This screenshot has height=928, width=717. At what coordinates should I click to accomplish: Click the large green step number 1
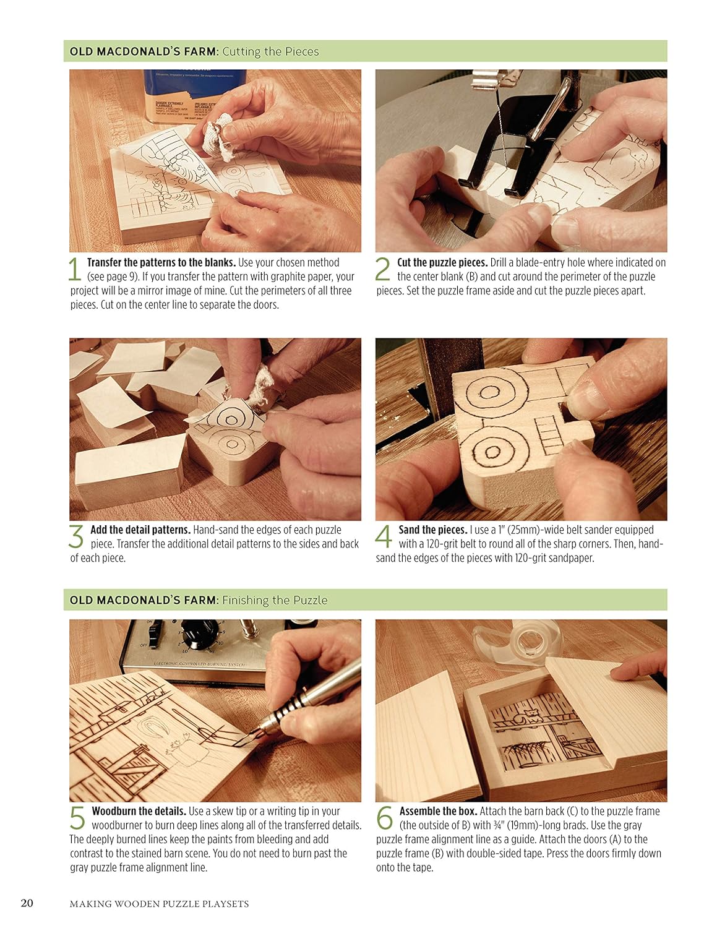click(x=75, y=270)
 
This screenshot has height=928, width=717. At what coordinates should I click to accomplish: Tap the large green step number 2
click(x=383, y=270)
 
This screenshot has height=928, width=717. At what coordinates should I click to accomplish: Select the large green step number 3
click(x=75, y=536)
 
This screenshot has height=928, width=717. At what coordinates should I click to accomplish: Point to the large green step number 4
click(x=384, y=536)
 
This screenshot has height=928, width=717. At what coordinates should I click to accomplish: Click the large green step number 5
click(x=77, y=818)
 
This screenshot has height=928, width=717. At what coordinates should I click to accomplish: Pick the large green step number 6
click(x=384, y=818)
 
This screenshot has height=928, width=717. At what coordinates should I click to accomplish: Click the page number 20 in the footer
click(x=27, y=903)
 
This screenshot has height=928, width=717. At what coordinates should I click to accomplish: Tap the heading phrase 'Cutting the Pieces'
click(x=270, y=51)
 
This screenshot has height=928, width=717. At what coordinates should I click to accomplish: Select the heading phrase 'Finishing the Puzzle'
click(x=275, y=600)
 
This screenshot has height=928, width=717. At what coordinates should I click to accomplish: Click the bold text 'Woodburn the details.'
click(x=139, y=811)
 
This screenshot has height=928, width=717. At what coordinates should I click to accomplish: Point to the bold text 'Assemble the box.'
click(x=438, y=811)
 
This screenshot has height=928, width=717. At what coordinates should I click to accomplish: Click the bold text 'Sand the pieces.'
click(x=432, y=530)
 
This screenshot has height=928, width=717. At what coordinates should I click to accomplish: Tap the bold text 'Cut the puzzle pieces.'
click(x=442, y=262)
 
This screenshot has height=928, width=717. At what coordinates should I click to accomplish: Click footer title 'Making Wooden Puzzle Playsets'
click(x=159, y=904)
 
